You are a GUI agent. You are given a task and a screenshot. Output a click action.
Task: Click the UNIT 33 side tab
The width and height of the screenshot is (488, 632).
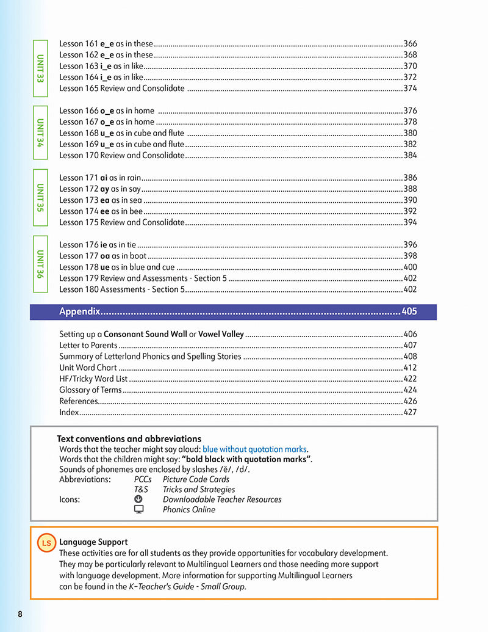pos(40,68)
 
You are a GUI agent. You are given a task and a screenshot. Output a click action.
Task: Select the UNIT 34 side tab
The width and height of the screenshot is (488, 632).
pos(40,133)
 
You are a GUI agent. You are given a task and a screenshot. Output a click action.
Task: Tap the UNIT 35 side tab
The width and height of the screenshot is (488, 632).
pos(40,197)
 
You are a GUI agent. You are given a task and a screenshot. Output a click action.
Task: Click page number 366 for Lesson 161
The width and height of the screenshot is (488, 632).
pos(410,43)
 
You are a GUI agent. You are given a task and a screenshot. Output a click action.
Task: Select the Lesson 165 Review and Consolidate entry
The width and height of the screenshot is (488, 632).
pos(122,88)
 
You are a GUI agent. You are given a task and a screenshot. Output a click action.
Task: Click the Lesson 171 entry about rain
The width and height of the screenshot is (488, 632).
pos(100,178)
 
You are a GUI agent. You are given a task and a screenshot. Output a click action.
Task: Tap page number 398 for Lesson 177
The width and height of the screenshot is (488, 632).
pos(410,256)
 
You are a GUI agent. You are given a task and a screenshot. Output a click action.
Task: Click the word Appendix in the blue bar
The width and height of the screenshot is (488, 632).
pos(79,311)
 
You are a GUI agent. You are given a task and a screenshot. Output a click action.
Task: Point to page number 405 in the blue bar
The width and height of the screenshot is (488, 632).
pos(409,311)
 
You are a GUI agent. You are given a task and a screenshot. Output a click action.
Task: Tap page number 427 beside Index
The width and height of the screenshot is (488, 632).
pos(410,412)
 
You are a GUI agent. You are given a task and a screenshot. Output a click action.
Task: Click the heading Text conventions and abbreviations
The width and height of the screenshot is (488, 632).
pos(129,438)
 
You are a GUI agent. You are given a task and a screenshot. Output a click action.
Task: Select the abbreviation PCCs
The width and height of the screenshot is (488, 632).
pos(143,479)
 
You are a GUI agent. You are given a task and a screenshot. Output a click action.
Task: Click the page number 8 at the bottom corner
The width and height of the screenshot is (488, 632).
pos(20,614)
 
